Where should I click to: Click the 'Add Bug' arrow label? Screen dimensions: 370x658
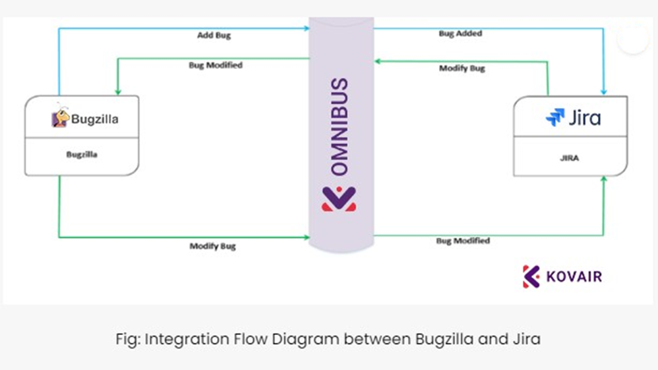214,35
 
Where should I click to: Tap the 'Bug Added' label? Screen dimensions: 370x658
460,33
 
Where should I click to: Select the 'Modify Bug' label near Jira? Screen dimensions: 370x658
462,68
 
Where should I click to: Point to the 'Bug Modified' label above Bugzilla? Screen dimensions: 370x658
215,65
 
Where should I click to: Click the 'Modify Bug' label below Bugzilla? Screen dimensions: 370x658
212,246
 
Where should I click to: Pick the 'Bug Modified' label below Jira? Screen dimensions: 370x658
462,240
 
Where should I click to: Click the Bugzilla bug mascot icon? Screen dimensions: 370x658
60,118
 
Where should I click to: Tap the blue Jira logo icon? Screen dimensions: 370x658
555,117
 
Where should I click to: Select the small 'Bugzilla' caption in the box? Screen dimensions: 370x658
82,155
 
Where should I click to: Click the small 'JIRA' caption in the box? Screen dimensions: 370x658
569,158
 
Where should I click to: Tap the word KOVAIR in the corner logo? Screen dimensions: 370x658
574,276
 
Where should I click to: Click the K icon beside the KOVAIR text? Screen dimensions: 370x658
531,276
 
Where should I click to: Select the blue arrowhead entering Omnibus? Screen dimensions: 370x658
306,28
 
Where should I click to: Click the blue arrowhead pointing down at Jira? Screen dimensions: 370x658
603,91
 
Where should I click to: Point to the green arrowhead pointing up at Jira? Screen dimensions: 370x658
603,180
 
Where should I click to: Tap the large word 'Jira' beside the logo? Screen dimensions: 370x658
584,118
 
